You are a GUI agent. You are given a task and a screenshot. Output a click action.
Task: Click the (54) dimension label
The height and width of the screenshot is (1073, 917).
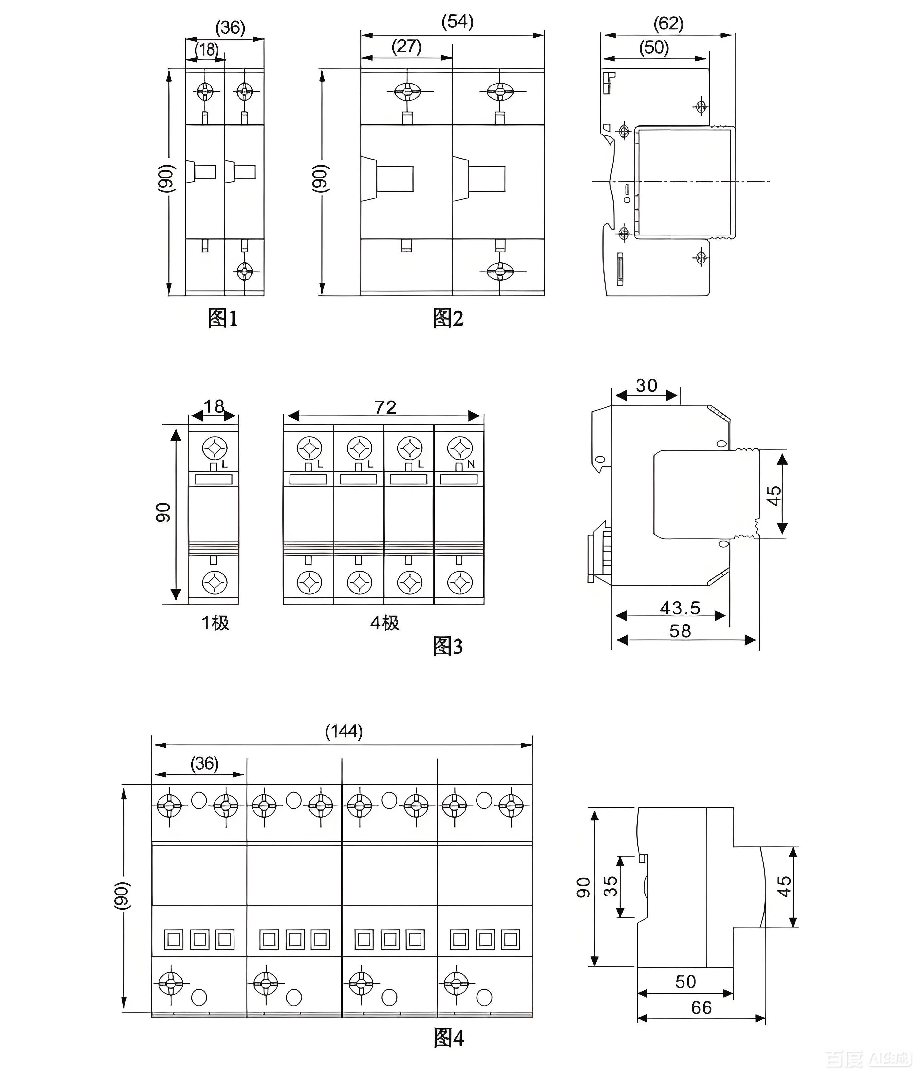(457, 22)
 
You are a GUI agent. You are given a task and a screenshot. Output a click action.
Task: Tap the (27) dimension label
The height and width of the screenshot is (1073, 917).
(406, 46)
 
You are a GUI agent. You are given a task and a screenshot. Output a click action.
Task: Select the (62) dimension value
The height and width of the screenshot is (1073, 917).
(668, 23)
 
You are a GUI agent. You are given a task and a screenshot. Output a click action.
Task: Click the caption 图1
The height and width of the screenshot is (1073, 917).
(223, 318)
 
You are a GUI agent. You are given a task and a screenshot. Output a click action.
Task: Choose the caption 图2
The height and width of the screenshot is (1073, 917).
(448, 318)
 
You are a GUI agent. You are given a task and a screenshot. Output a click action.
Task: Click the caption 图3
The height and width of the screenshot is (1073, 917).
(448, 646)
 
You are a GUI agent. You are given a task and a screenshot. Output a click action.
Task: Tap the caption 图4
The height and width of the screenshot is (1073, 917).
(448, 1037)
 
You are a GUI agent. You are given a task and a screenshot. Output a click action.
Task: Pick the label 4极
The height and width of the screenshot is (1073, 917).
(385, 622)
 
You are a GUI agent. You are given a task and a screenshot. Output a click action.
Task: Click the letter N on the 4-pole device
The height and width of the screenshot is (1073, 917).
(471, 464)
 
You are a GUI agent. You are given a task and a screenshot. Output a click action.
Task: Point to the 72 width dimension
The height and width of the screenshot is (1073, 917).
(385, 407)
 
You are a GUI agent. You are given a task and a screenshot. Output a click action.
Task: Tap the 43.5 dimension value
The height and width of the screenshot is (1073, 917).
(680, 608)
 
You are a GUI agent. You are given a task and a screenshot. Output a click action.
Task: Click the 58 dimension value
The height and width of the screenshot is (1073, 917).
(680, 631)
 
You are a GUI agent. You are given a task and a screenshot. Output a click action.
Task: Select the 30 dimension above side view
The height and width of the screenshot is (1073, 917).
(646, 385)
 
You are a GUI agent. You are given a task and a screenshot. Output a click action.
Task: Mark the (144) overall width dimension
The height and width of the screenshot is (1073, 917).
(344, 731)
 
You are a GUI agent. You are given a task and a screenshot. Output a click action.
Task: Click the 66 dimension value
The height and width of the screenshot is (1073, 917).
(701, 1008)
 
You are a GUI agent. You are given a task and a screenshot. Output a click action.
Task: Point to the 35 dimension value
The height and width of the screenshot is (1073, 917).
(611, 886)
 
